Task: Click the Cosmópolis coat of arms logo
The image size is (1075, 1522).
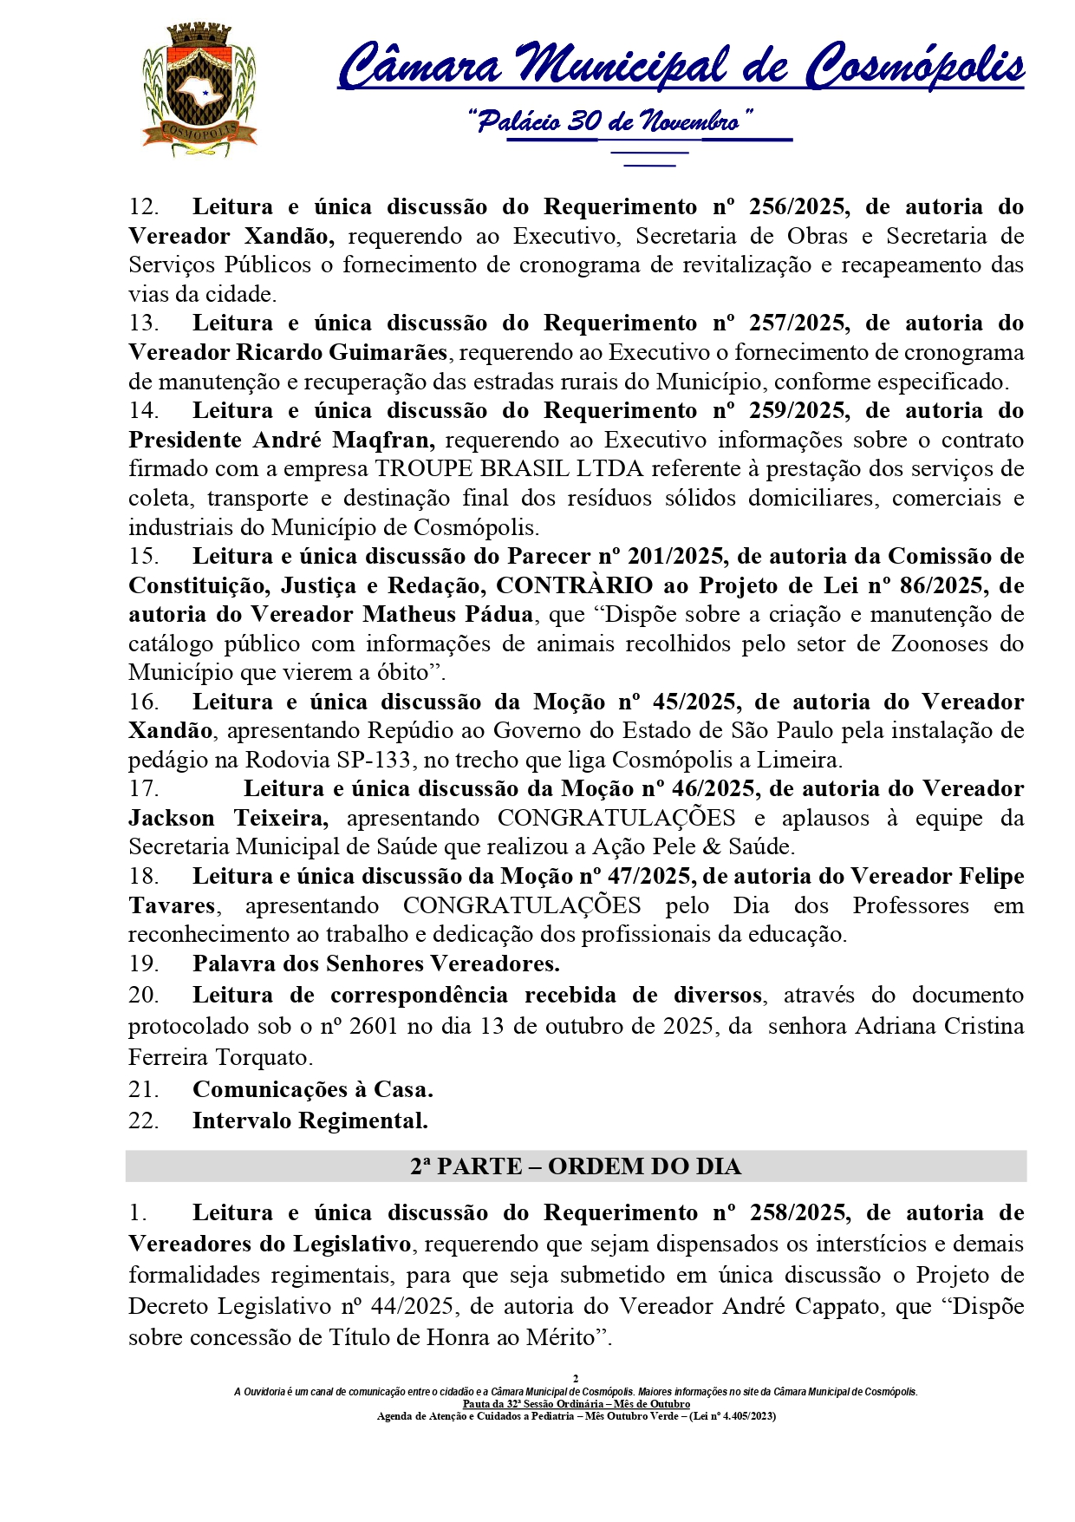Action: click(199, 90)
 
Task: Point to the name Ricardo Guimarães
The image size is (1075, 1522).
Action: click(342, 352)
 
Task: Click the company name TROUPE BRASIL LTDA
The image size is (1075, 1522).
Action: click(509, 469)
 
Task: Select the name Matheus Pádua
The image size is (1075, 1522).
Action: click(448, 615)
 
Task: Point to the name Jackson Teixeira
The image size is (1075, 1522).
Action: click(228, 818)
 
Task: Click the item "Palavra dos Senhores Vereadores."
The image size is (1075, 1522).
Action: click(376, 963)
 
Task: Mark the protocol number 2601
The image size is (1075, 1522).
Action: click(375, 1027)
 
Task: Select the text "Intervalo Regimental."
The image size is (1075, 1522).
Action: click(310, 1120)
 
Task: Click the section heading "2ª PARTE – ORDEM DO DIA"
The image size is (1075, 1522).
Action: click(576, 1166)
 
